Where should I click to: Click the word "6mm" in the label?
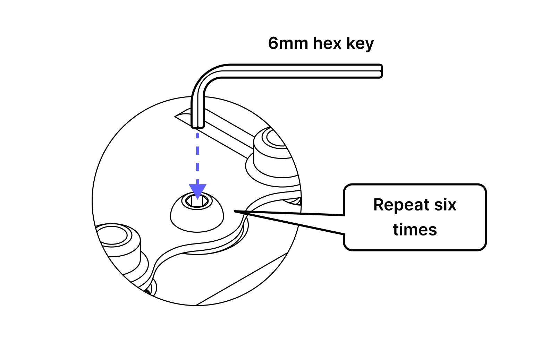click(x=288, y=43)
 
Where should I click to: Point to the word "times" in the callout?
click(x=415, y=230)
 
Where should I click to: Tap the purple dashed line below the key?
click(x=197, y=156)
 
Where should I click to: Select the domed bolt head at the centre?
click(x=197, y=218)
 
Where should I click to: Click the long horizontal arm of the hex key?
click(x=295, y=71)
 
